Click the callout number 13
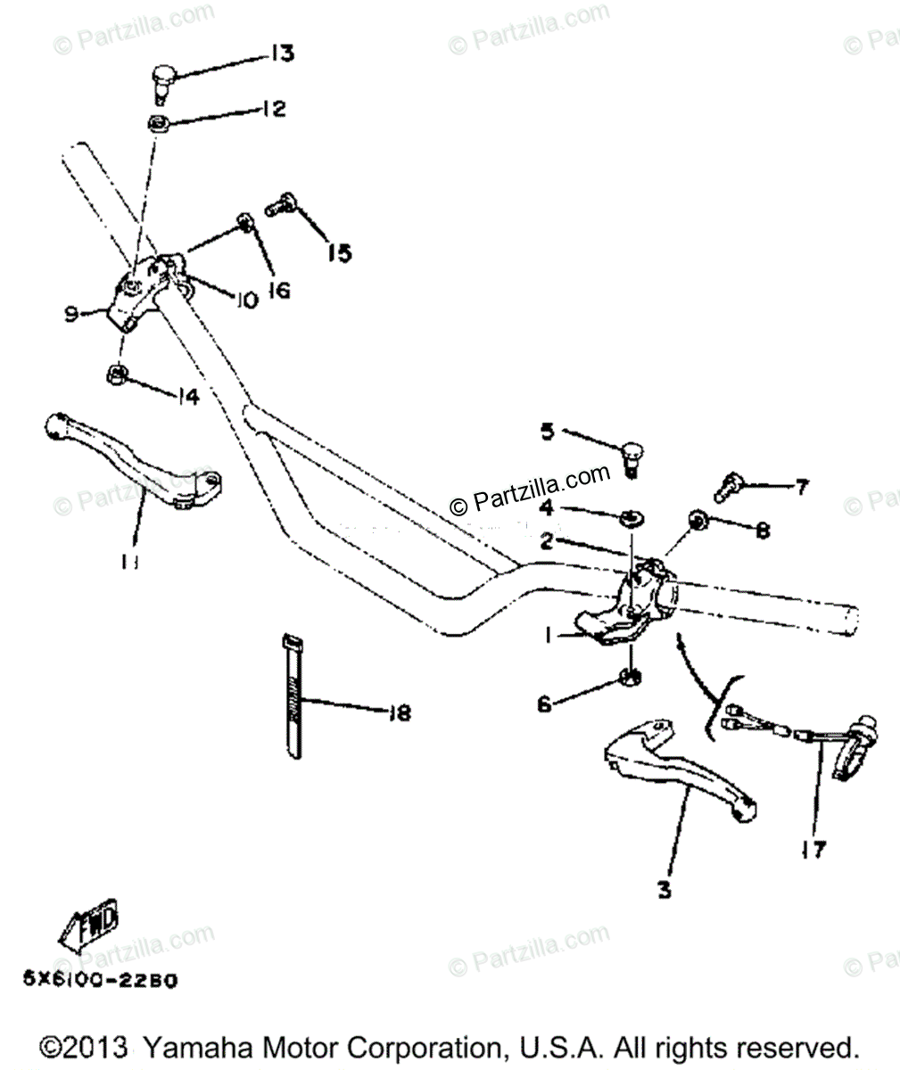coord(281,55)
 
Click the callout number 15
coord(339,253)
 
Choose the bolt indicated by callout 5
coord(631,457)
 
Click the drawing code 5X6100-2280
coord(100,980)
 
